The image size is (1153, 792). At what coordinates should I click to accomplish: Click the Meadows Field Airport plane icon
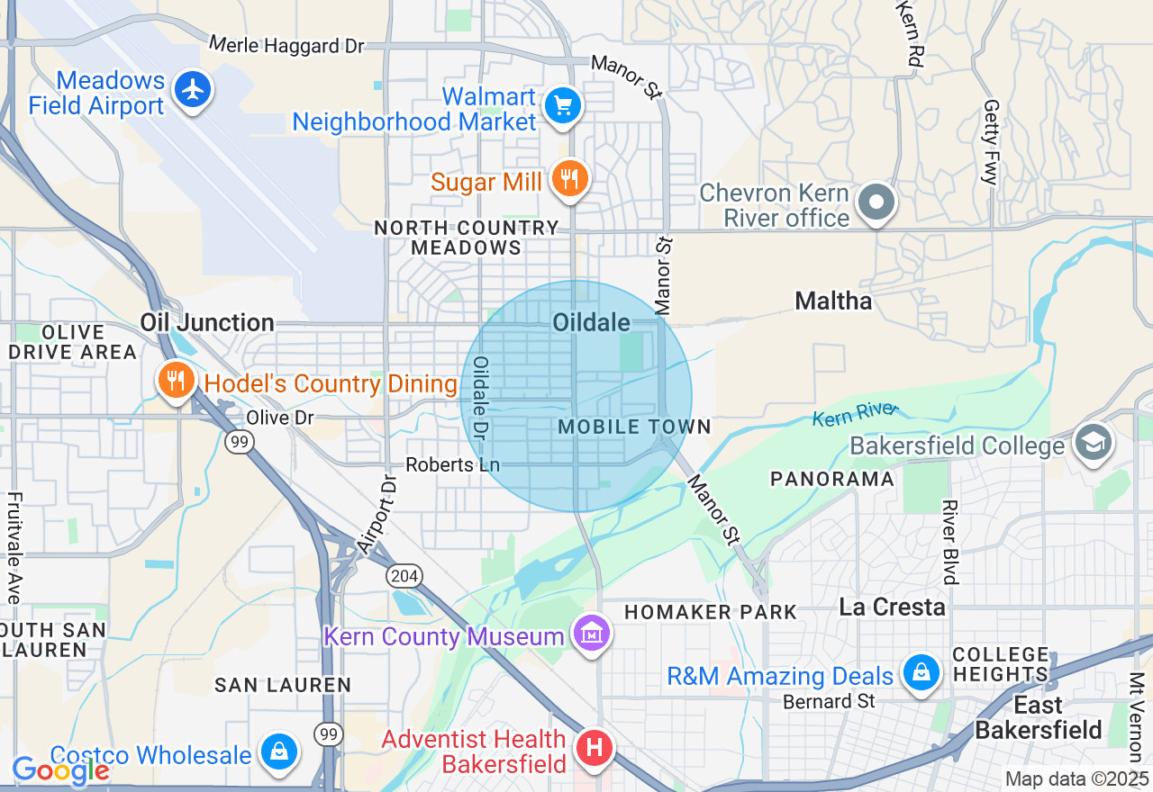coord(192,89)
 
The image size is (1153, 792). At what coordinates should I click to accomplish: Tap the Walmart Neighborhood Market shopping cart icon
coord(564,106)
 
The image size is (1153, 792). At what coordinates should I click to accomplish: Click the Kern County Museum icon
coord(592,634)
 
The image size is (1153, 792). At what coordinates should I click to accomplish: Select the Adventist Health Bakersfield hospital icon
coord(595,748)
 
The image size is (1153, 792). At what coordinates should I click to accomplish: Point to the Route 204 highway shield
coord(402,574)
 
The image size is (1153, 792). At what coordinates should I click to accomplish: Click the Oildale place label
coord(591,322)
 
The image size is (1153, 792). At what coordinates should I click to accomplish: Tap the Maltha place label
coord(833,301)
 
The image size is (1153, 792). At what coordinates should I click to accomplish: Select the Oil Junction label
coord(207,322)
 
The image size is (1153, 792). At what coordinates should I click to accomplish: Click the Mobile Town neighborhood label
coord(634,427)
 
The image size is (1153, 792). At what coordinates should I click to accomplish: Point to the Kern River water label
coord(855,415)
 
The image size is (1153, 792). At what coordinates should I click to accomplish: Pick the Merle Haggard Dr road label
coord(286,45)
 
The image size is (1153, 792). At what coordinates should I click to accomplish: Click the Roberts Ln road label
coord(452,464)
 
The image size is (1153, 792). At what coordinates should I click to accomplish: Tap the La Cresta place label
coord(892,607)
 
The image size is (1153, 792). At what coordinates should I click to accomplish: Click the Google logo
coord(60,770)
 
